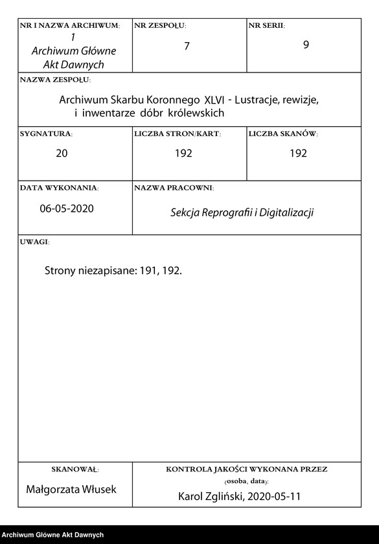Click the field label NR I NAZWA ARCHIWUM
point(69,25)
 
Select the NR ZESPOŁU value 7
point(187,46)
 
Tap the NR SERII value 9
point(306,46)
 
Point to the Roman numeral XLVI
point(215,101)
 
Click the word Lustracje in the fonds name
point(257,101)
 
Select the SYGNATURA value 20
point(62,153)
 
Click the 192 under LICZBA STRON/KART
point(183,153)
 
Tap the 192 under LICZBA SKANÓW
point(298,153)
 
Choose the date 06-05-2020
point(66,209)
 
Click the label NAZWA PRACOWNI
point(174,188)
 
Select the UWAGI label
point(34,242)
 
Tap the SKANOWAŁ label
point(75,469)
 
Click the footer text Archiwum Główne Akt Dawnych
point(52,535)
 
